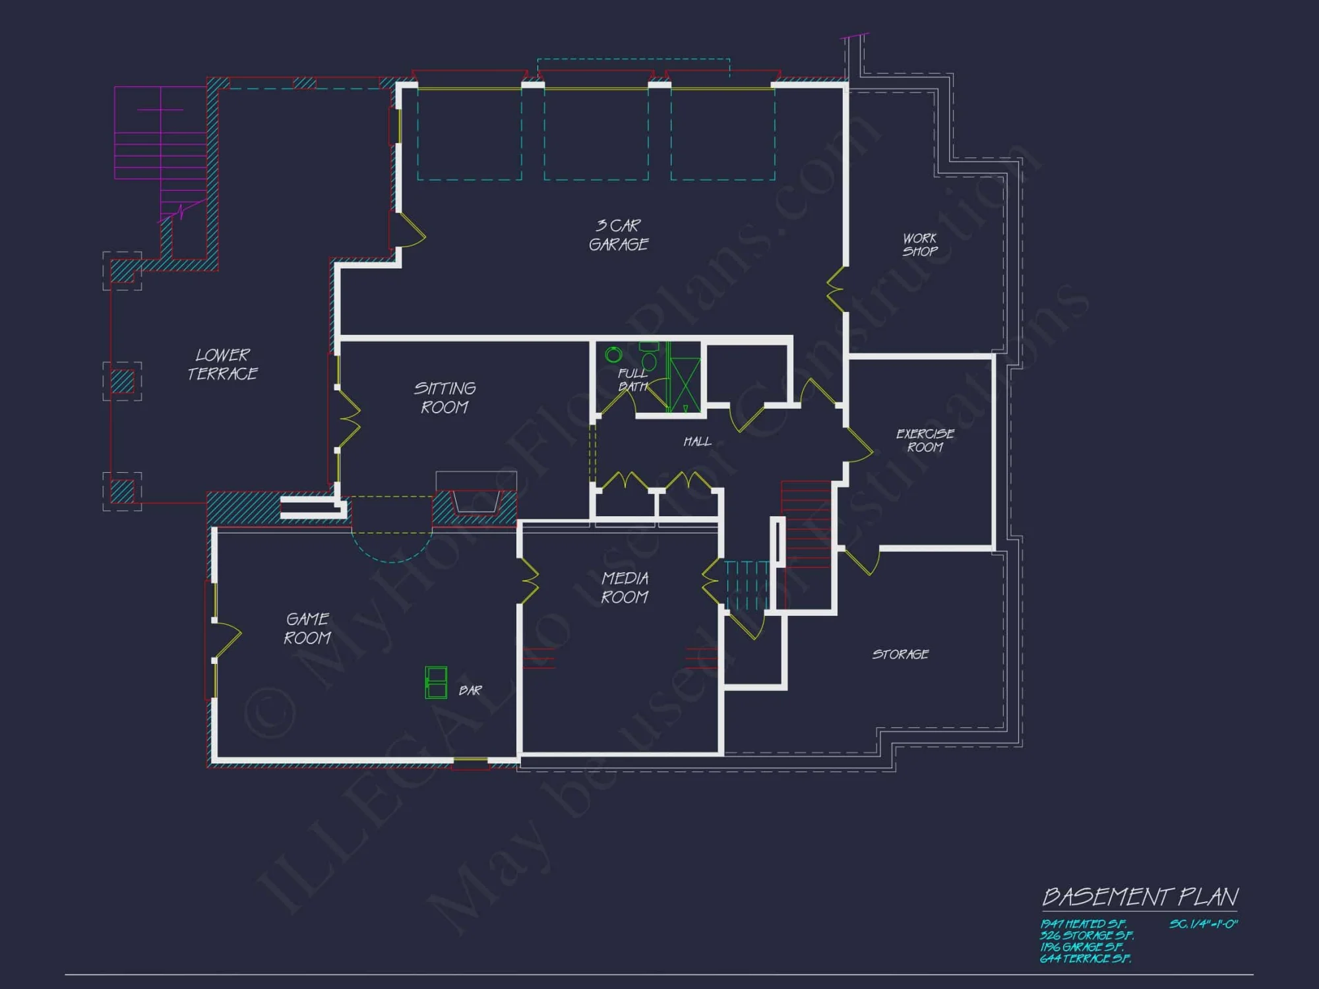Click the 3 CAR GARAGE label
pyautogui.click(x=619, y=235)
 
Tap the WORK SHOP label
pyautogui.click(x=920, y=245)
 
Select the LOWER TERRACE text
pyautogui.click(x=222, y=365)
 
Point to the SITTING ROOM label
pyautogui.click(x=445, y=398)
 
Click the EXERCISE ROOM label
pyautogui.click(x=925, y=440)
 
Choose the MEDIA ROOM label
pyautogui.click(x=625, y=587)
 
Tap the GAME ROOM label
pyautogui.click(x=307, y=628)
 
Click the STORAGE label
pyautogui.click(x=900, y=654)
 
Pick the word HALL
pyautogui.click(x=697, y=441)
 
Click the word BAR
pyautogui.click(x=470, y=690)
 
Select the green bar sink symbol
pyautogui.click(x=436, y=682)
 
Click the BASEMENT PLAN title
pyautogui.click(x=1140, y=897)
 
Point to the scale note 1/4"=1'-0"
pyautogui.click(x=1204, y=924)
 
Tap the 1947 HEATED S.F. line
pyautogui.click(x=1083, y=924)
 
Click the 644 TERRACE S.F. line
pyautogui.click(x=1085, y=959)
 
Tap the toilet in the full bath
pyautogui.click(x=650, y=359)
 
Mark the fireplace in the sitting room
pyautogui.click(x=475, y=501)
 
